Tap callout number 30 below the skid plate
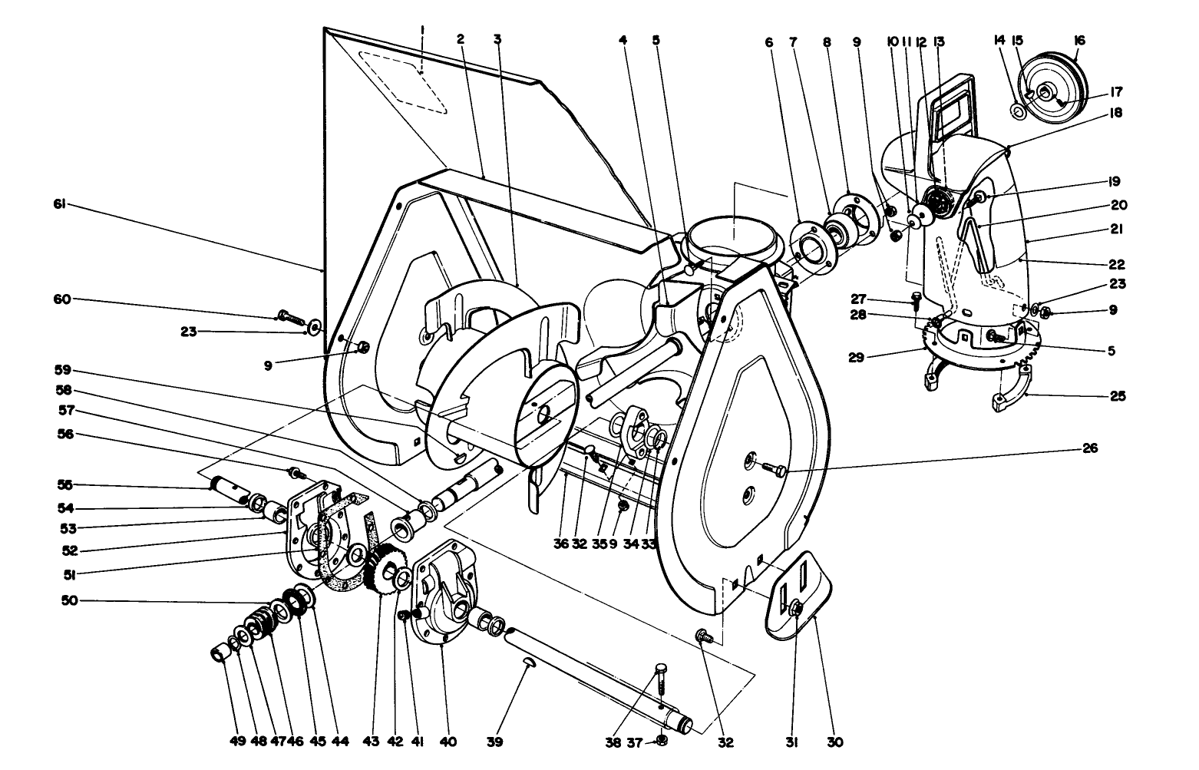click(x=835, y=742)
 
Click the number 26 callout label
click(x=1089, y=448)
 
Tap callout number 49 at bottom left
click(x=237, y=742)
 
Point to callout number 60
click(x=61, y=299)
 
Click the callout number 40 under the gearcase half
click(x=448, y=742)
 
